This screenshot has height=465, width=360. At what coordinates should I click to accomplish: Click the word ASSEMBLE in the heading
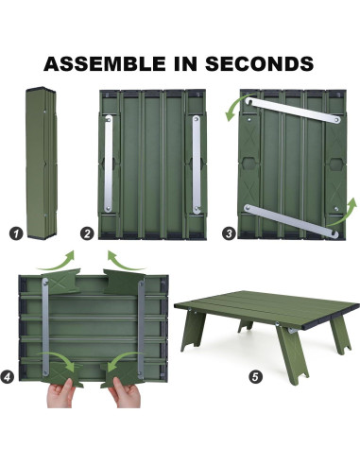point(105,63)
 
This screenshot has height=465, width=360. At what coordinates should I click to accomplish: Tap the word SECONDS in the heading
point(259,63)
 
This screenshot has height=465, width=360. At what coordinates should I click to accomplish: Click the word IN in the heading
point(185,63)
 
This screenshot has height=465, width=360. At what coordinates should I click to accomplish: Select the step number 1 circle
point(16,233)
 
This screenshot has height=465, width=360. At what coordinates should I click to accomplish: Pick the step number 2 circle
point(87,233)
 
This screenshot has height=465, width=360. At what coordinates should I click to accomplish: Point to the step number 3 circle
point(229,233)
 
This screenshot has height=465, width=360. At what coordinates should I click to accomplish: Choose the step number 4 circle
point(8,377)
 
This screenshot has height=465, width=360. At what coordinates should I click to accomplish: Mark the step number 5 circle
point(255,377)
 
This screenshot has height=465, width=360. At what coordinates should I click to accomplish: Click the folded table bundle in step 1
point(42,163)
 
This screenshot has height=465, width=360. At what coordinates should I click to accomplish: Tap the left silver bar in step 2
point(109,164)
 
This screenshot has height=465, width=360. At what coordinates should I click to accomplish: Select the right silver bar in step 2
point(197,164)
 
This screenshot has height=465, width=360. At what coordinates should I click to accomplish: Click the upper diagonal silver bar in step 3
point(293,111)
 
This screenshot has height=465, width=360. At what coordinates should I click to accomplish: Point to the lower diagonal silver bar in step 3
point(291,221)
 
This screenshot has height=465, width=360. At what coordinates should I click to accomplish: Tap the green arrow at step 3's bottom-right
point(344,215)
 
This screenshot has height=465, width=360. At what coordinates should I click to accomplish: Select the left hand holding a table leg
point(60,393)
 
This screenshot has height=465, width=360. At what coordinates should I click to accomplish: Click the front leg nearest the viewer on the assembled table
point(293,354)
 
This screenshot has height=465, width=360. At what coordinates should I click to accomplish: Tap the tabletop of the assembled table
point(267,308)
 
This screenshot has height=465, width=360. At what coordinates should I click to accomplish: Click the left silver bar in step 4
point(45,327)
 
